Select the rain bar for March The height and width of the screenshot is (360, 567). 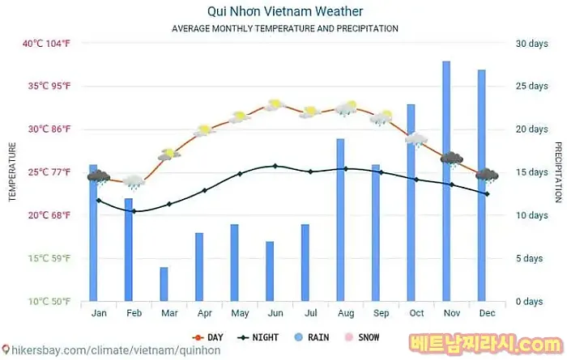pos(164,284)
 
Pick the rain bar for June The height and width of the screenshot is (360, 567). pos(270,271)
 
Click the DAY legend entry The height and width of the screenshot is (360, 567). pos(207,337)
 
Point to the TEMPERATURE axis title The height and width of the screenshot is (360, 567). pos(12,172)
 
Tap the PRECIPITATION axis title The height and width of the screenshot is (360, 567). pos(558,172)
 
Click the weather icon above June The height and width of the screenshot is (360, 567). pos(274,104)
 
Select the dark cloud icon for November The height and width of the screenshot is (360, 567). pos(451,159)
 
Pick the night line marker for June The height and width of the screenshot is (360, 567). pos(275,166)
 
